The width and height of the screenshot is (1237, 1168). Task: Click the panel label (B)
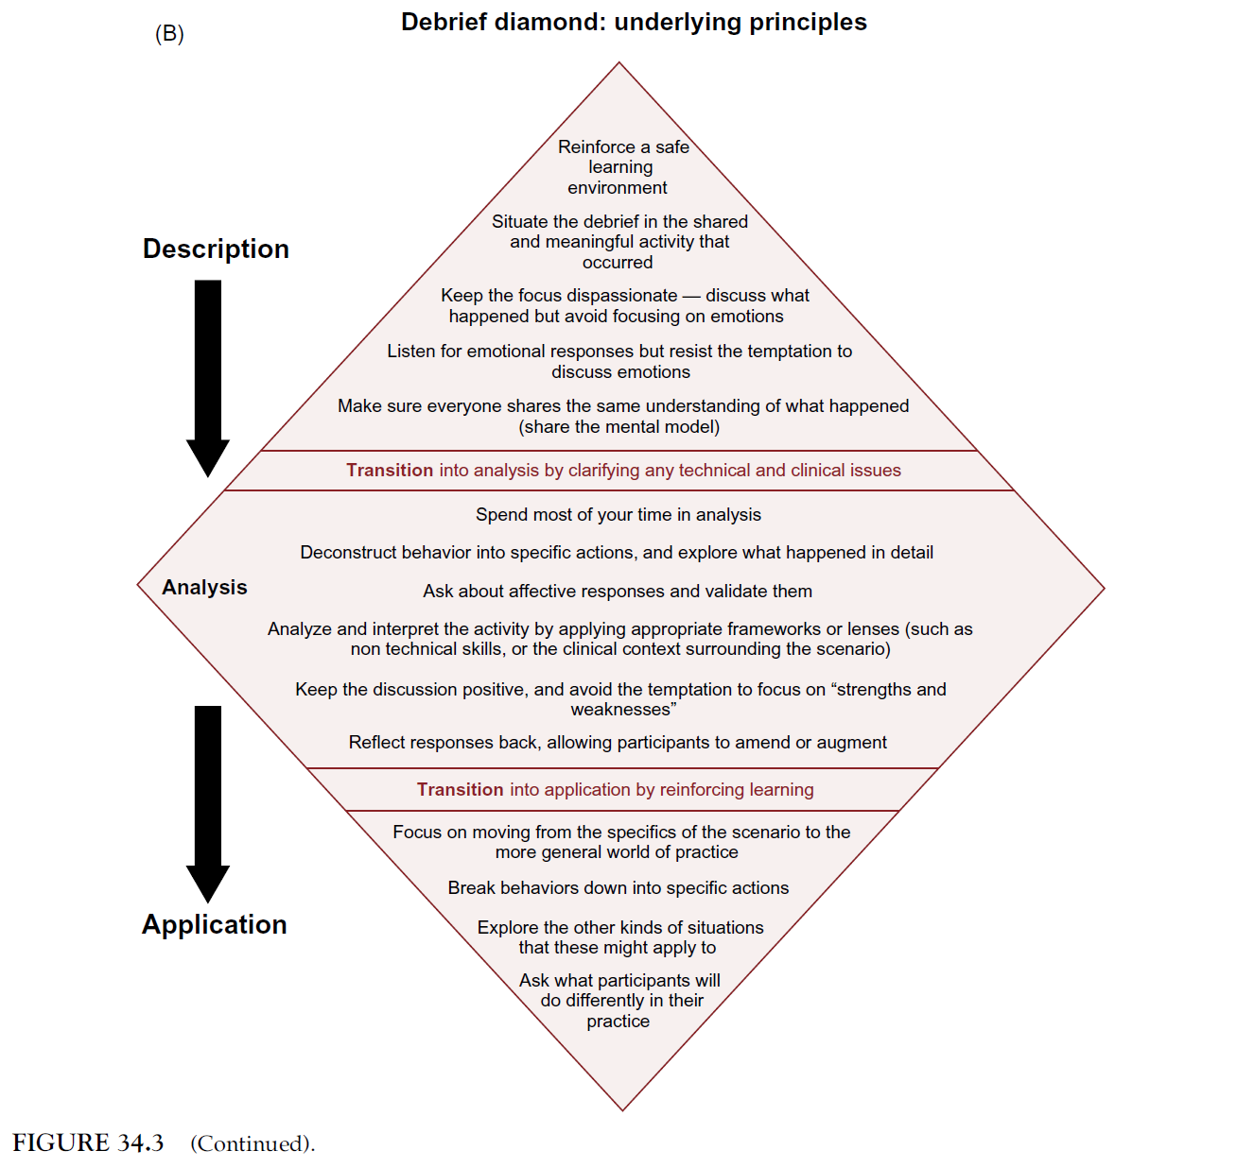tap(169, 34)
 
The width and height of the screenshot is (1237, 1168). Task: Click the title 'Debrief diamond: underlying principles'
tap(634, 22)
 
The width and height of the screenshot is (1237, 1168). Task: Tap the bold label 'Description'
tap(216, 249)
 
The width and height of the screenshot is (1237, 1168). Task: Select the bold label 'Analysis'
tap(204, 587)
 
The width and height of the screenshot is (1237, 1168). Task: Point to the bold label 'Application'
tap(214, 924)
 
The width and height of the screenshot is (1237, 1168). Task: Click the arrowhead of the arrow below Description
tap(208, 457)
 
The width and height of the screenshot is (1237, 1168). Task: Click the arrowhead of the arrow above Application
tap(208, 883)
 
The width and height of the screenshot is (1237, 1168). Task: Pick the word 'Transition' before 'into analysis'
tap(390, 471)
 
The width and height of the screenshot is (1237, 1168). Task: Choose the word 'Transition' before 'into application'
tap(461, 790)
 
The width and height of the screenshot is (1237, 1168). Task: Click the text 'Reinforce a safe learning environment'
tap(620, 167)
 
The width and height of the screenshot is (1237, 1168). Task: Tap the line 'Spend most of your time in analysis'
tap(618, 515)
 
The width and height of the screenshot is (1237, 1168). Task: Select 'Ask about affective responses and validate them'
tap(618, 592)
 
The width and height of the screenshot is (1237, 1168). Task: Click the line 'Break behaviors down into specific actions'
tap(618, 888)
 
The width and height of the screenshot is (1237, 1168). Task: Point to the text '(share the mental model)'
tap(619, 427)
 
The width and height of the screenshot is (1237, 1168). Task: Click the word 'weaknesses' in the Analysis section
tap(621, 710)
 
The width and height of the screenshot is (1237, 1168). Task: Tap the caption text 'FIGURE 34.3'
tap(88, 1143)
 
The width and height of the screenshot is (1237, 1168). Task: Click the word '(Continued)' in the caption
tap(253, 1144)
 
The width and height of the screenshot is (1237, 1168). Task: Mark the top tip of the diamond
tap(619, 63)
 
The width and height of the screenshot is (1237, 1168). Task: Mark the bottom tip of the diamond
tap(622, 1109)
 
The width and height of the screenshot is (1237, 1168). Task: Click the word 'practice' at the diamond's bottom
tap(618, 1022)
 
